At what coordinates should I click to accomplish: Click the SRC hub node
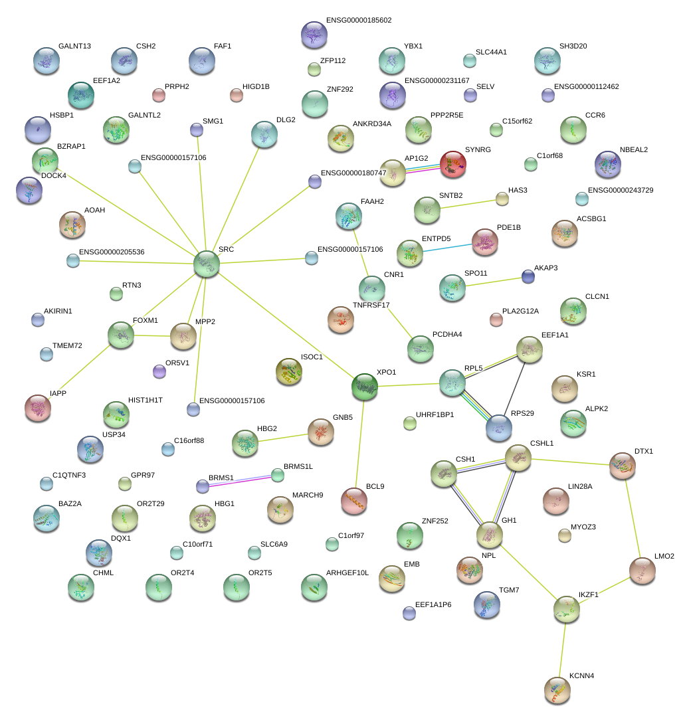pos(206,264)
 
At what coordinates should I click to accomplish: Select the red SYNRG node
pos(453,164)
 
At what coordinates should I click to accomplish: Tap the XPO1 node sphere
pos(364,387)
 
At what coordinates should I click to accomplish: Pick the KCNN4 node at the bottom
pos(557,690)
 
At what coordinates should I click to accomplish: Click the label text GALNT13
pos(75,46)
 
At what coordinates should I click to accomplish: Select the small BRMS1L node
pos(278,475)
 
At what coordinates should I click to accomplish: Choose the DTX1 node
pos(623,466)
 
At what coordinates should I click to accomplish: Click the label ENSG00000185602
pos(359,20)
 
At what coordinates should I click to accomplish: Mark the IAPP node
pos(37,408)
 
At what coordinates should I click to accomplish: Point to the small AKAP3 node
pos(528,276)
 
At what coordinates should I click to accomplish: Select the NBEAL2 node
pos(607,164)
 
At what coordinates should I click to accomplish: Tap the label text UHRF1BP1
pos(435,415)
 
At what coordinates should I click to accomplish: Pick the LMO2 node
pos(642,571)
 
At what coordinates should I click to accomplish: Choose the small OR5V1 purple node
pos(159,371)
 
